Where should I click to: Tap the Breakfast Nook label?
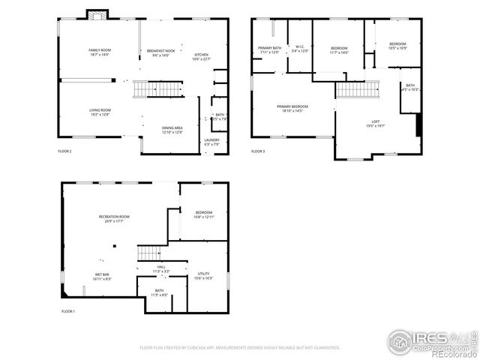pyautogui.click(x=160, y=52)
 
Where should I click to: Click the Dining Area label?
pyautogui.click(x=172, y=128)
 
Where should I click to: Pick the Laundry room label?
pyautogui.click(x=212, y=140)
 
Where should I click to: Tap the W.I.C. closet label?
pyautogui.click(x=300, y=48)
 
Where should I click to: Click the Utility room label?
pyautogui.click(x=204, y=275)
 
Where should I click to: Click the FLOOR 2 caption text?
pyautogui.click(x=65, y=151)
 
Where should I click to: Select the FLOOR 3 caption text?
pyautogui.click(x=258, y=151)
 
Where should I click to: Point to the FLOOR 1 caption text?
pyautogui.click(x=68, y=311)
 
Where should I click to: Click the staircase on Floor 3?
pyautogui.click(x=349, y=90)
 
